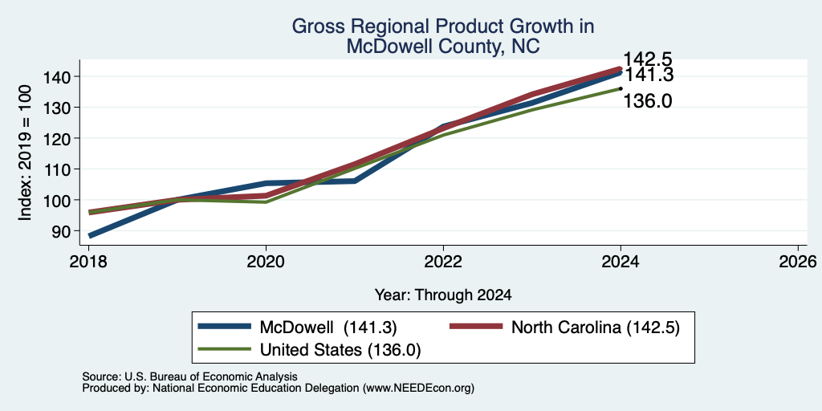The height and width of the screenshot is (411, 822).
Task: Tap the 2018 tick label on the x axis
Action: [89, 262]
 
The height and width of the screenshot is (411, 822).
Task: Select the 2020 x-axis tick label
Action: [267, 262]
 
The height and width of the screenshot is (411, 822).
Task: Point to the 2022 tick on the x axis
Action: [443, 262]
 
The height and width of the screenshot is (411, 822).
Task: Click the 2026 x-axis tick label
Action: [798, 262]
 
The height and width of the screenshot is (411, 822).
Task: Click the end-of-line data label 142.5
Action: [648, 59]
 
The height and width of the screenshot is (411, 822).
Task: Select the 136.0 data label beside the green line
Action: [648, 100]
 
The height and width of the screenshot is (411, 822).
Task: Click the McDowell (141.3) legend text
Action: [328, 328]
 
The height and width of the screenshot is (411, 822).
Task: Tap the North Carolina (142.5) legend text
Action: [596, 328]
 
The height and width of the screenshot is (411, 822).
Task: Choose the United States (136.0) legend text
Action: [340, 350]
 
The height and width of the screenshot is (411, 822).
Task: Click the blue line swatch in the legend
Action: [225, 327]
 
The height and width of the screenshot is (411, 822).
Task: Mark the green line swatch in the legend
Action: [225, 349]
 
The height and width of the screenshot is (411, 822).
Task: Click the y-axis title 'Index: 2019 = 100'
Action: [26, 153]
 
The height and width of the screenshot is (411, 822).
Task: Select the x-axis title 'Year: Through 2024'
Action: [443, 295]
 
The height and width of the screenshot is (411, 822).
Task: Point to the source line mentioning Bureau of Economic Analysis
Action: [189, 376]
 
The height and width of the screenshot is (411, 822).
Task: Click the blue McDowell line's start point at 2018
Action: [90, 236]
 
